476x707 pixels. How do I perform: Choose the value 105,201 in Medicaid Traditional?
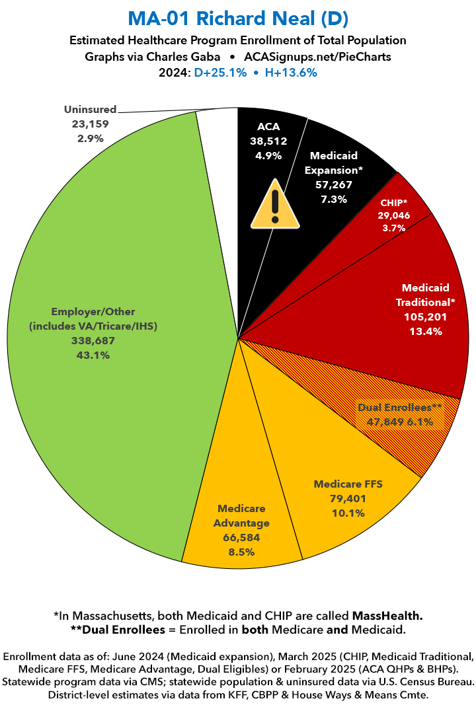pos(425,317)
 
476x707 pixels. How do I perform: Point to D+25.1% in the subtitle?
pos(220,73)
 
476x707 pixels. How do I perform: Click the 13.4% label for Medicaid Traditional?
pos(425,331)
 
